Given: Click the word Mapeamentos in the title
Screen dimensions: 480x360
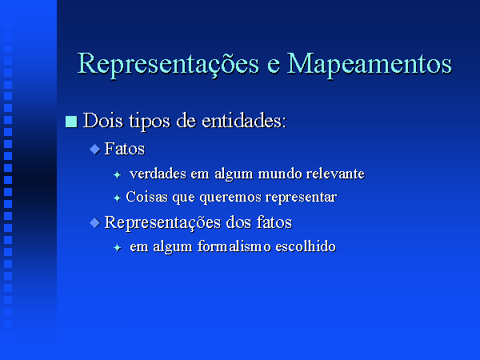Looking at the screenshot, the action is [x=369, y=64].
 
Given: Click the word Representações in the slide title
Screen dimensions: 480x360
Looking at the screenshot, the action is [x=168, y=64].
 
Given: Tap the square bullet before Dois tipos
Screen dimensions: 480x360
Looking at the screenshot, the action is [x=71, y=122].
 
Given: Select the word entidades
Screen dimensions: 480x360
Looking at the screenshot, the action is [x=244, y=121].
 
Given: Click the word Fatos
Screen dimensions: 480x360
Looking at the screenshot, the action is [x=125, y=149].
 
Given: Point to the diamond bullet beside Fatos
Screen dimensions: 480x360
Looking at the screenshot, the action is [x=95, y=150].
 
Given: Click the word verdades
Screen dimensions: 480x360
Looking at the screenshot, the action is [x=158, y=174].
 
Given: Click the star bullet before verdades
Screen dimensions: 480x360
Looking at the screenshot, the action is [x=118, y=174].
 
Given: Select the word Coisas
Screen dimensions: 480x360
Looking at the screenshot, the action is [x=146, y=197].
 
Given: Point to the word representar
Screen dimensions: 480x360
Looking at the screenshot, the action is [x=301, y=198].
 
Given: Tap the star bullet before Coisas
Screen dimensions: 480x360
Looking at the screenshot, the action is [x=118, y=198].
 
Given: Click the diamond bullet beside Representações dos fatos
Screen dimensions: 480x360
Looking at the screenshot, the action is [x=95, y=222].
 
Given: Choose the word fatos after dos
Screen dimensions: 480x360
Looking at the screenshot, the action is [x=274, y=222].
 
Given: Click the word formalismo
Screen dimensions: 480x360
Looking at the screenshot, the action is [x=234, y=246].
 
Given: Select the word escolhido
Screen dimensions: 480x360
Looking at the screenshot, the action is [x=306, y=246].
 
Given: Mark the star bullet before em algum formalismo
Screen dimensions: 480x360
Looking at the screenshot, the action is [x=118, y=248].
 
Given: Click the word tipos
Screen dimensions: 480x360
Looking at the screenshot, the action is [x=149, y=122].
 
